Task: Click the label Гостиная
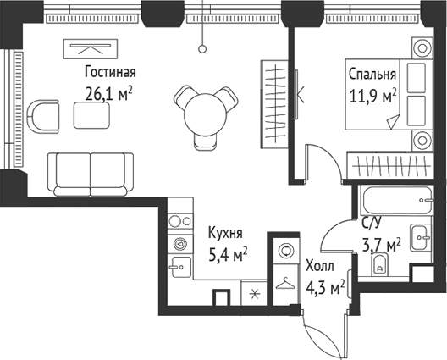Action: point(111,72)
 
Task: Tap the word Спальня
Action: point(372,74)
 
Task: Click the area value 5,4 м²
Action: point(227,252)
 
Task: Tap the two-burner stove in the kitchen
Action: point(179,219)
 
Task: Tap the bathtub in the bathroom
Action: point(397,202)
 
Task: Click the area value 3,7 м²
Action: point(381,246)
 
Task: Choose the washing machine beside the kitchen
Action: point(283,252)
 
